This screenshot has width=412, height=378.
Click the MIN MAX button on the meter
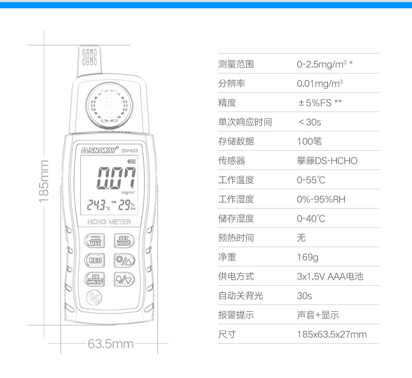pos(95,241)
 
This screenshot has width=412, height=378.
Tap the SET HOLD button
pos(124,241)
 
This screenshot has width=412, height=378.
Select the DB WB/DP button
pos(95,279)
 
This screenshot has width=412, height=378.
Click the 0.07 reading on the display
pos(116,178)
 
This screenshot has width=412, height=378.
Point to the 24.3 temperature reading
pos(97,204)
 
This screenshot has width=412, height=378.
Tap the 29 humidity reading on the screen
pos(124,204)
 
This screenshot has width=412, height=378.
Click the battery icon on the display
pos(131,162)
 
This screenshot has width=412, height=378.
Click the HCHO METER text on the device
pos(109,222)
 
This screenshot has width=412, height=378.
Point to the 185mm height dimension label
pos(44,181)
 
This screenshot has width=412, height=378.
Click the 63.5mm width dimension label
pos(111,344)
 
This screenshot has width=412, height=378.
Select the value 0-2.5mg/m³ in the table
pos(322,64)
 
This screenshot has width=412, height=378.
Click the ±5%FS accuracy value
pos(315,103)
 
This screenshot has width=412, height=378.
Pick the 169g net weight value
pos(307,257)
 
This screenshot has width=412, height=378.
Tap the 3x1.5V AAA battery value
pos(330,276)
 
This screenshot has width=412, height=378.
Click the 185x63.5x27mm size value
pos(332,334)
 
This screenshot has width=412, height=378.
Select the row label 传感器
pos(232,161)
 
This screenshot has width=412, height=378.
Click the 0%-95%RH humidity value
pos(321,199)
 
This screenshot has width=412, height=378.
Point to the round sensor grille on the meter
pos(109,106)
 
